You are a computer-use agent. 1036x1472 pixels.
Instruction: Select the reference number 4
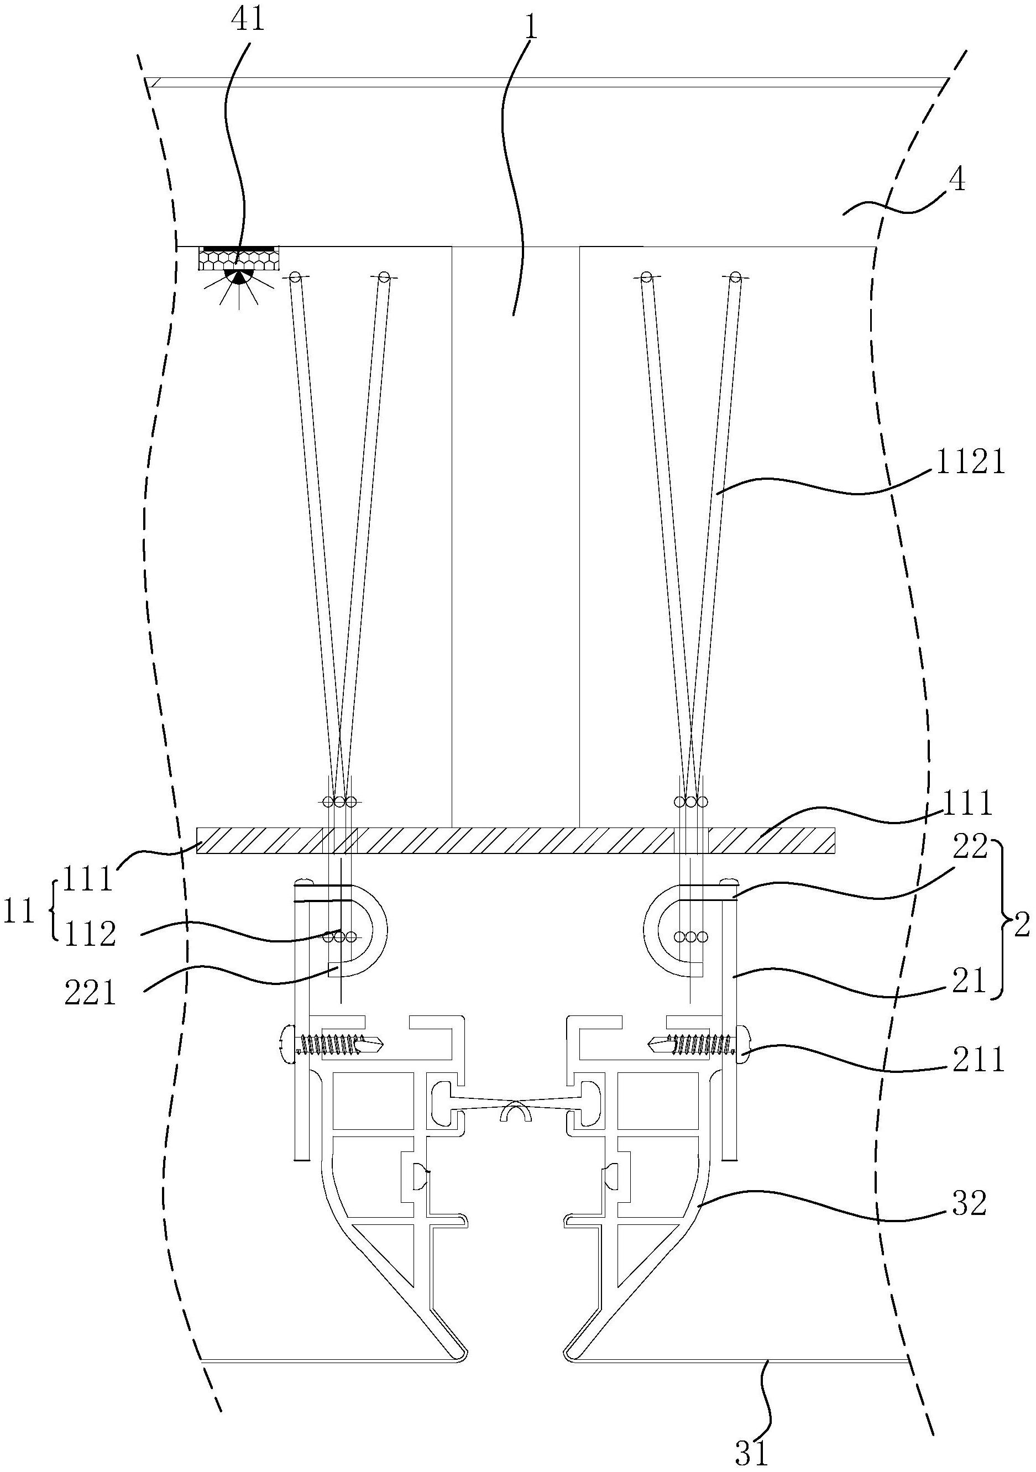point(956,181)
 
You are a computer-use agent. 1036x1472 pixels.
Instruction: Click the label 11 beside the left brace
point(19,911)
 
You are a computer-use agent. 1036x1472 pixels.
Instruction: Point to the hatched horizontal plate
point(516,841)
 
